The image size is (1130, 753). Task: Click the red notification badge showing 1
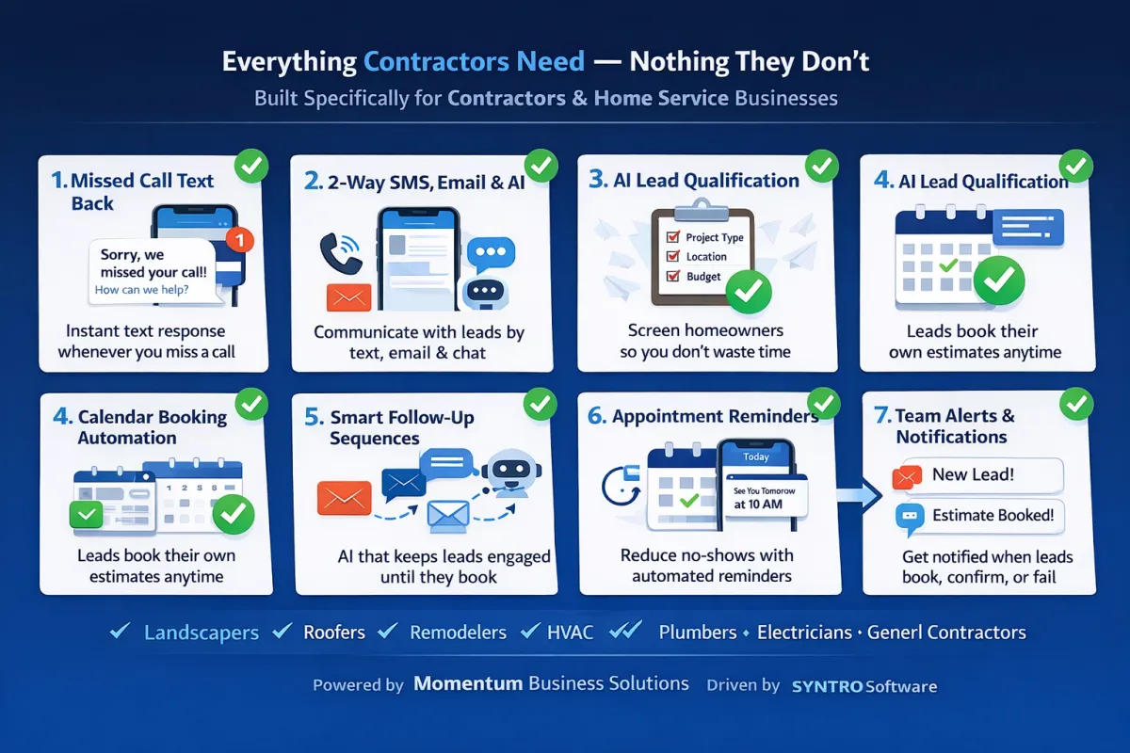pyautogui.click(x=240, y=240)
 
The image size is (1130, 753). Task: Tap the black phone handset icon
pyautogui.click(x=339, y=254)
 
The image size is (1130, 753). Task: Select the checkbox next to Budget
pyautogui.click(x=673, y=276)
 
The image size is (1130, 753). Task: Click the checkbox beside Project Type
pyautogui.click(x=673, y=236)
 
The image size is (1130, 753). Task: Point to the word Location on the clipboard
pyautogui.click(x=706, y=257)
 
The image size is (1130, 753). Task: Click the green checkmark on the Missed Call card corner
pyautogui.click(x=251, y=166)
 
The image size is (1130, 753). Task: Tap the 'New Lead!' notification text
pyautogui.click(x=973, y=474)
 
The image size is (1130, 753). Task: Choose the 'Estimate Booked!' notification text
pyautogui.click(x=993, y=515)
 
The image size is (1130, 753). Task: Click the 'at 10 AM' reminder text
pyautogui.click(x=758, y=505)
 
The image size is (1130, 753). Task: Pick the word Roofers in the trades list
pyautogui.click(x=334, y=633)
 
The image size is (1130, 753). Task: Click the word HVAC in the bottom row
pyautogui.click(x=570, y=633)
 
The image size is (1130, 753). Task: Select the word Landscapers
pyautogui.click(x=202, y=633)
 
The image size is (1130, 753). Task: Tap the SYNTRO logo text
pyautogui.click(x=827, y=686)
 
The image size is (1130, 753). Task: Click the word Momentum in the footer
pyautogui.click(x=468, y=683)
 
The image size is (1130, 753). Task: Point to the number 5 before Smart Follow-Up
pyautogui.click(x=313, y=417)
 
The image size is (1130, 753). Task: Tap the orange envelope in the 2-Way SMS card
pyautogui.click(x=348, y=297)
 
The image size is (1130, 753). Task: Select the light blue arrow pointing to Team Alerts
pyautogui.click(x=859, y=495)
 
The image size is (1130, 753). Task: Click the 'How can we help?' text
pyautogui.click(x=142, y=290)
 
